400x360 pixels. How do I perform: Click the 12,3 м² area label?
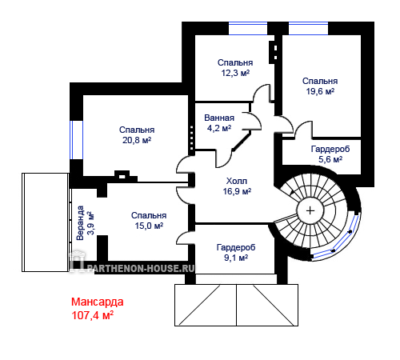point(235,73)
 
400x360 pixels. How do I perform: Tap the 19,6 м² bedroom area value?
point(320,91)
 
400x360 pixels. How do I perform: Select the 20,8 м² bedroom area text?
point(137,140)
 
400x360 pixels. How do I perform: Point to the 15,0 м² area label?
point(149,226)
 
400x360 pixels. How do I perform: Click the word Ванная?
point(219,118)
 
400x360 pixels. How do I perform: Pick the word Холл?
point(237,181)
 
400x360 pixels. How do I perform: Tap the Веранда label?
point(80,223)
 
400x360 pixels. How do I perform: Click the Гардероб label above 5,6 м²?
point(330,149)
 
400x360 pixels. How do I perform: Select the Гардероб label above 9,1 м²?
point(236,247)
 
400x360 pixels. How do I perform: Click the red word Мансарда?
point(98,302)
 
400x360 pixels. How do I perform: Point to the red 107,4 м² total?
point(93,315)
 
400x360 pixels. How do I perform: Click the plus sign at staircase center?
point(310,210)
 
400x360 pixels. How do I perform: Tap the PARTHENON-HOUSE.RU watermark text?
point(141,268)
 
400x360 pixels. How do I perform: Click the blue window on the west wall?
point(76,140)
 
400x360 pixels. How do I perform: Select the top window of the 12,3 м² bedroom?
point(248,28)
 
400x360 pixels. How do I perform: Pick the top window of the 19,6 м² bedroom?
point(309,28)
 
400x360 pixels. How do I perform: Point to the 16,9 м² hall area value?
point(237,191)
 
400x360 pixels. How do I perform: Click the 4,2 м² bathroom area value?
point(219,128)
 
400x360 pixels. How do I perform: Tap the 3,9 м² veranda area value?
point(90,223)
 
